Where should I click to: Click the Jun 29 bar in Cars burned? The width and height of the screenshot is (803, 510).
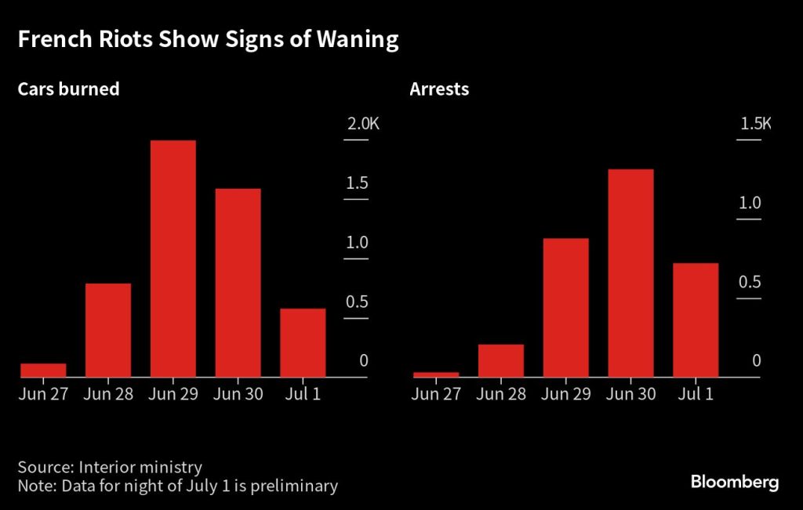(x=173, y=259)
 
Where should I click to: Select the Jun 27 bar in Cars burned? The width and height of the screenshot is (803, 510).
(x=44, y=370)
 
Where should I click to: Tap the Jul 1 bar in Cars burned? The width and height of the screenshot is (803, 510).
(x=303, y=342)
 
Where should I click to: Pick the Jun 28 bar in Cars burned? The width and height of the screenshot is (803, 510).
(x=108, y=330)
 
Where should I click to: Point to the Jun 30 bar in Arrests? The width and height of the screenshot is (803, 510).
(x=630, y=273)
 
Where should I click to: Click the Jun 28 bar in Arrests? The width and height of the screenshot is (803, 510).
(x=501, y=360)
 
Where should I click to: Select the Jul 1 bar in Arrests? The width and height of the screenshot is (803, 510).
(x=696, y=320)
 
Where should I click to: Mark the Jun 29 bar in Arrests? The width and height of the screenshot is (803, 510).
(x=566, y=307)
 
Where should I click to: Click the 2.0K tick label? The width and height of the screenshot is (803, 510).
(x=362, y=124)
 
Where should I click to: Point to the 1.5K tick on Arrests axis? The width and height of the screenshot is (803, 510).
(x=756, y=124)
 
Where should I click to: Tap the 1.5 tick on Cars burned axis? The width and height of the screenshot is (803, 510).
(x=358, y=183)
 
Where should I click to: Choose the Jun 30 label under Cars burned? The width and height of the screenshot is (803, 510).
(x=238, y=394)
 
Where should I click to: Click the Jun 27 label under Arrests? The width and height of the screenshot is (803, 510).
(x=436, y=394)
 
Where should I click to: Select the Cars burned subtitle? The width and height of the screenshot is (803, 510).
(x=69, y=89)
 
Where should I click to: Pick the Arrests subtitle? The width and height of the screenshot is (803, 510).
(x=439, y=89)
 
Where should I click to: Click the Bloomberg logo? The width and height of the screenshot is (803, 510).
(x=735, y=482)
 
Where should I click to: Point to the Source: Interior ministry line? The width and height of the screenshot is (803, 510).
(x=110, y=467)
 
